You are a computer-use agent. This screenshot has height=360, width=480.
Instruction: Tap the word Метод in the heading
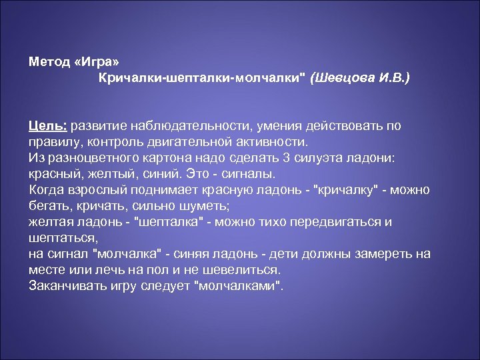coord(51,62)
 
